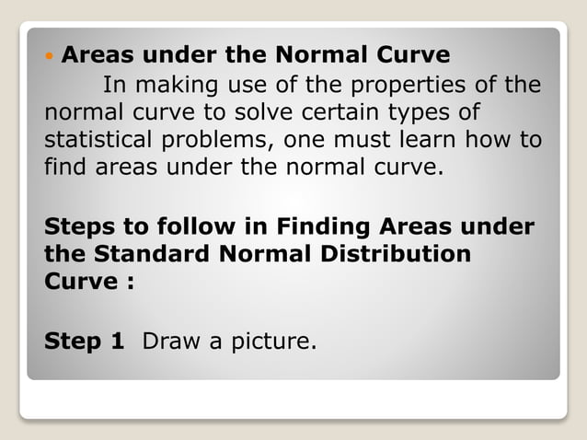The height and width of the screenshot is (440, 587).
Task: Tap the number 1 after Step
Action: click(x=117, y=342)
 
